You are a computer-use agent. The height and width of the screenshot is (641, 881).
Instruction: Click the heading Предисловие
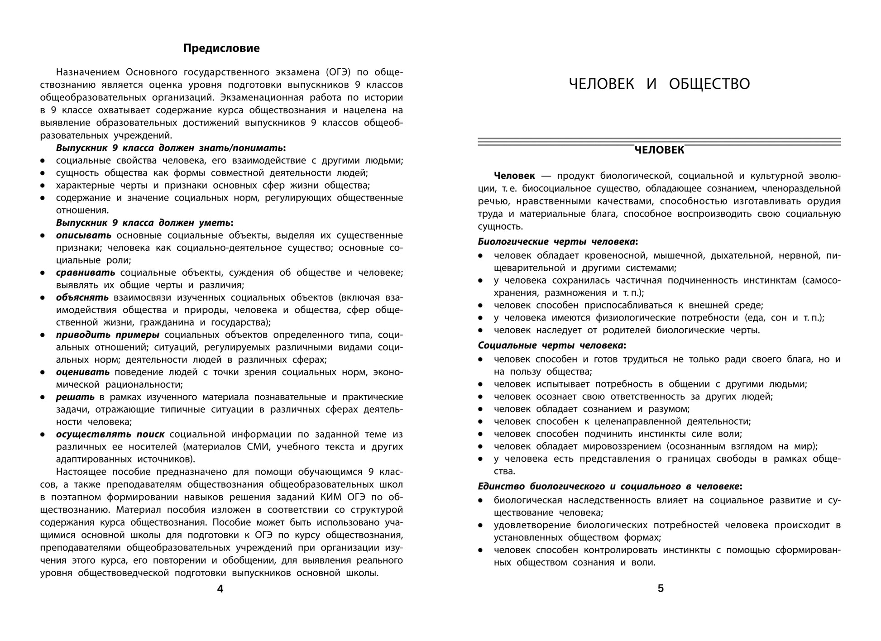click(221, 48)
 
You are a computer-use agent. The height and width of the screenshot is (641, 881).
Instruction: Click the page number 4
click(220, 589)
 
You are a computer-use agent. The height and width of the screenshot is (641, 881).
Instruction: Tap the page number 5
click(661, 588)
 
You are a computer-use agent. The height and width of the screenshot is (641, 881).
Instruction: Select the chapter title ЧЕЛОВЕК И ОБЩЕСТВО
click(659, 84)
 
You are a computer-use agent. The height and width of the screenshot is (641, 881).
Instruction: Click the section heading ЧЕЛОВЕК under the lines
click(659, 150)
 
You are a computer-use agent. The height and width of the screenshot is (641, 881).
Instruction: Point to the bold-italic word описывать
click(84, 235)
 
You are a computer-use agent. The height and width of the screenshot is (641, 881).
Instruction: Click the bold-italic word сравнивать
click(86, 273)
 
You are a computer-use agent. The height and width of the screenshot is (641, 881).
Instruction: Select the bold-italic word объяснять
click(82, 297)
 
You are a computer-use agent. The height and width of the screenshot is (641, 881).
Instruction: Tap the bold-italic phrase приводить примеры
click(108, 335)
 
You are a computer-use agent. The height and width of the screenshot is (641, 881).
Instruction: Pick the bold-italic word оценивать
click(83, 372)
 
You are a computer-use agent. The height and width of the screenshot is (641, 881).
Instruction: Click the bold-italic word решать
click(75, 397)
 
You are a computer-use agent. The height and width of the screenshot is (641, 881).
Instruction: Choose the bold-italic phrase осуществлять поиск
click(110, 434)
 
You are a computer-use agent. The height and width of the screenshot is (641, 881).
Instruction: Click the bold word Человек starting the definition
click(514, 176)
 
